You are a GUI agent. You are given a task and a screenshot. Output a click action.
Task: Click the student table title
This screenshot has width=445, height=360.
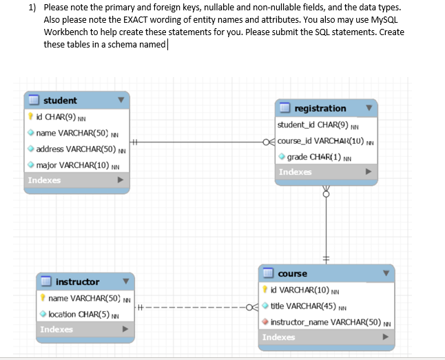click(x=60, y=100)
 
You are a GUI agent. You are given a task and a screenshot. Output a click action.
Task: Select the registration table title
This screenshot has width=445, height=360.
click(x=320, y=108)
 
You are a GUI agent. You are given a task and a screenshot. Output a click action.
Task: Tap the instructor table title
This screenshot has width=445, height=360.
click(x=77, y=282)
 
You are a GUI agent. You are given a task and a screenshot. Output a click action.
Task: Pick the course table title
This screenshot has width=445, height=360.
click(x=292, y=273)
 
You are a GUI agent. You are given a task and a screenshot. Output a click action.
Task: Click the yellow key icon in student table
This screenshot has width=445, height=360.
click(x=30, y=116)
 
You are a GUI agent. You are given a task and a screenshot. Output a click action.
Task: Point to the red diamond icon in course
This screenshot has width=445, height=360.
click(x=265, y=321)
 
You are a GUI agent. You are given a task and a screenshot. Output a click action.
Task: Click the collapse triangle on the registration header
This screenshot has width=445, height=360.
click(x=369, y=108)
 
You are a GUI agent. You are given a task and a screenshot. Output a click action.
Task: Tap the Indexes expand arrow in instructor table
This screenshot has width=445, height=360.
click(x=125, y=329)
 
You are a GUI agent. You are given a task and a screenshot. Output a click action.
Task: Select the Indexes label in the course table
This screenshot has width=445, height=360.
click(x=279, y=337)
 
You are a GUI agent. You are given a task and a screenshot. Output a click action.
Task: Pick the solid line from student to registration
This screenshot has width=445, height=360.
click(x=199, y=142)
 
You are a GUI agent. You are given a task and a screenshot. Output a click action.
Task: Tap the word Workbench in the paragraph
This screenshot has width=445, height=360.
click(x=66, y=32)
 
